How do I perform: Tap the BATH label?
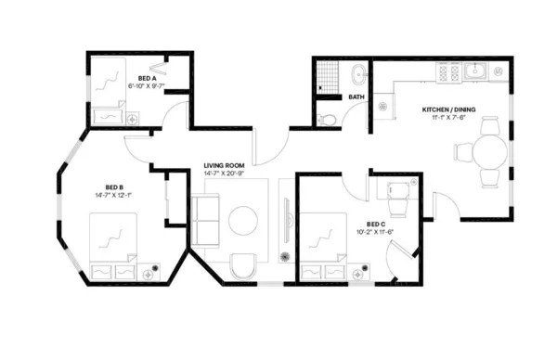[x=356, y=96]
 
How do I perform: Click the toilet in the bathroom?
[x=326, y=118]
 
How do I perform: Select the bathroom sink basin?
[x=357, y=71]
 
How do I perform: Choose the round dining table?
[x=490, y=150]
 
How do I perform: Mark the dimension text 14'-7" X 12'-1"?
[x=109, y=195]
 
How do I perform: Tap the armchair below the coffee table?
[x=243, y=266]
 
